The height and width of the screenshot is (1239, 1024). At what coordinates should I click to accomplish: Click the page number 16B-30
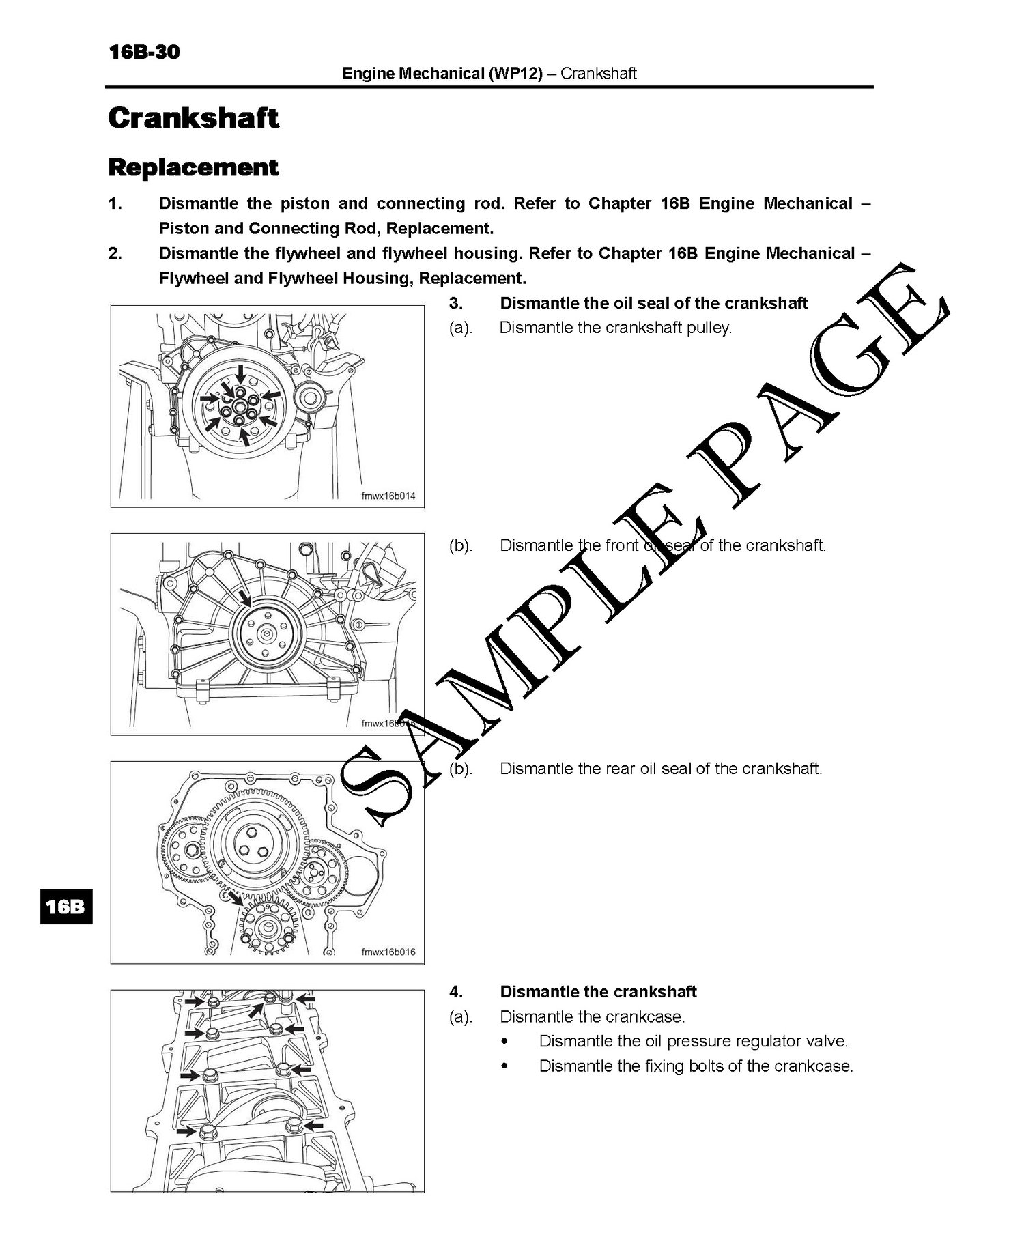(144, 52)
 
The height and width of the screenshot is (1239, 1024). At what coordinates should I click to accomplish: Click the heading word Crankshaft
(193, 117)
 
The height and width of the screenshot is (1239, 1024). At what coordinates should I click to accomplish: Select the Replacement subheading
(193, 167)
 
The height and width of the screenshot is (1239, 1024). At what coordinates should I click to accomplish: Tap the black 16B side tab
(66, 906)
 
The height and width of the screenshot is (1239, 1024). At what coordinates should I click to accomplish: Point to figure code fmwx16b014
(388, 496)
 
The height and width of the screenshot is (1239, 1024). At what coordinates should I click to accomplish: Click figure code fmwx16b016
(388, 952)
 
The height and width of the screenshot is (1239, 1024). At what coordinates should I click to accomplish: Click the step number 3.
(455, 303)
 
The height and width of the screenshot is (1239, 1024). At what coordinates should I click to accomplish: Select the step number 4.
(455, 992)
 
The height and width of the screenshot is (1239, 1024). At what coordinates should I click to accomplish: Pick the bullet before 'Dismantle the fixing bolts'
(505, 1066)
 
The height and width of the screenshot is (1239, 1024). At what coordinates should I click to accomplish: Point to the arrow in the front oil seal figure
(244, 598)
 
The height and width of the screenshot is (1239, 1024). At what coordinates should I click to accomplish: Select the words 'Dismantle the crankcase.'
(592, 1017)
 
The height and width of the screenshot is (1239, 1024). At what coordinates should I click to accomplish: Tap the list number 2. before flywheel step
(115, 254)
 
